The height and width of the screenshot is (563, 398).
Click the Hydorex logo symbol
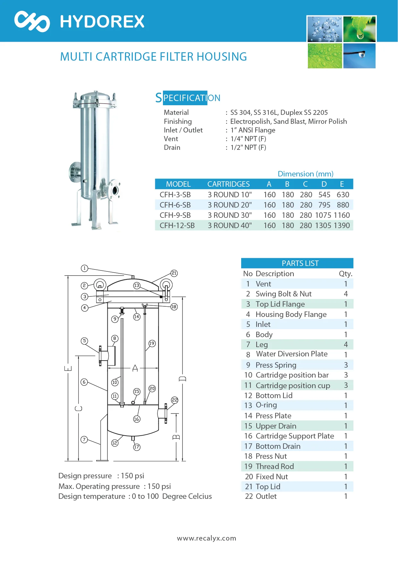(32, 21)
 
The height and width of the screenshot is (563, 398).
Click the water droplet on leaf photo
(359, 29)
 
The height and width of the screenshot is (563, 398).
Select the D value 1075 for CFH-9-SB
(323, 215)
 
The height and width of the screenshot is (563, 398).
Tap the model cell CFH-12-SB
(177, 226)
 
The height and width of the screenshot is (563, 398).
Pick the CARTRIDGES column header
(228, 184)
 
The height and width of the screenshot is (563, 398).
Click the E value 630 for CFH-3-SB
(343, 195)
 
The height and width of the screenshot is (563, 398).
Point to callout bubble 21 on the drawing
(174, 273)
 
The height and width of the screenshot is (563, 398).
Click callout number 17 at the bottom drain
(137, 447)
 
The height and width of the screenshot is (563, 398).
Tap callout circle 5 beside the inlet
(84, 341)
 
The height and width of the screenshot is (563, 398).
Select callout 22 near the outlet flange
(174, 400)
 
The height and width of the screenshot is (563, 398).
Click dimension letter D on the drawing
(182, 379)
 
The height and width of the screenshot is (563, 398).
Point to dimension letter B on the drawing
(176, 437)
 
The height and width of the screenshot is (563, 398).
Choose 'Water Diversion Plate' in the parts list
(292, 354)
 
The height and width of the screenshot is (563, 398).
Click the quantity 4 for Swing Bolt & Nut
(345, 294)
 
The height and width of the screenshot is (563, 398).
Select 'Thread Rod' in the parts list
(275, 466)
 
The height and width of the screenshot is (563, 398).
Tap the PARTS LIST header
(300, 263)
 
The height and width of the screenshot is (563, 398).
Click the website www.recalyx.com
(207, 538)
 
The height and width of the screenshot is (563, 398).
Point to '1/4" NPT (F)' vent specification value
(248, 139)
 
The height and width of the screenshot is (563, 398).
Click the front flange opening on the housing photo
(114, 190)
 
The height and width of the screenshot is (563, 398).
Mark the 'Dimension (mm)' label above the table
(305, 174)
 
